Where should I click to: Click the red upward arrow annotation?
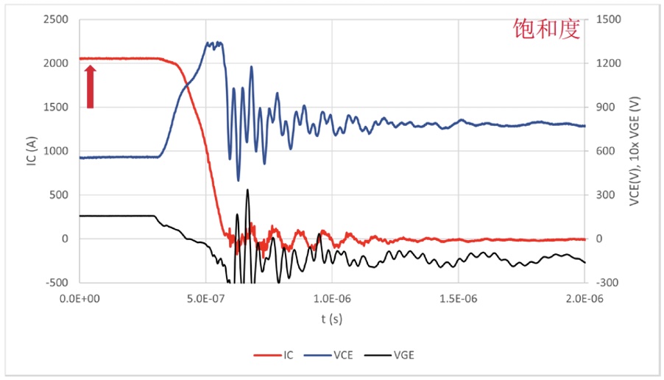click(x=91, y=87)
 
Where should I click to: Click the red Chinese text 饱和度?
click(x=546, y=29)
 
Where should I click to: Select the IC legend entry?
click(x=281, y=355)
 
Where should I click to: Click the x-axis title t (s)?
click(x=331, y=319)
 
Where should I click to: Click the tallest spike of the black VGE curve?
click(x=247, y=190)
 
